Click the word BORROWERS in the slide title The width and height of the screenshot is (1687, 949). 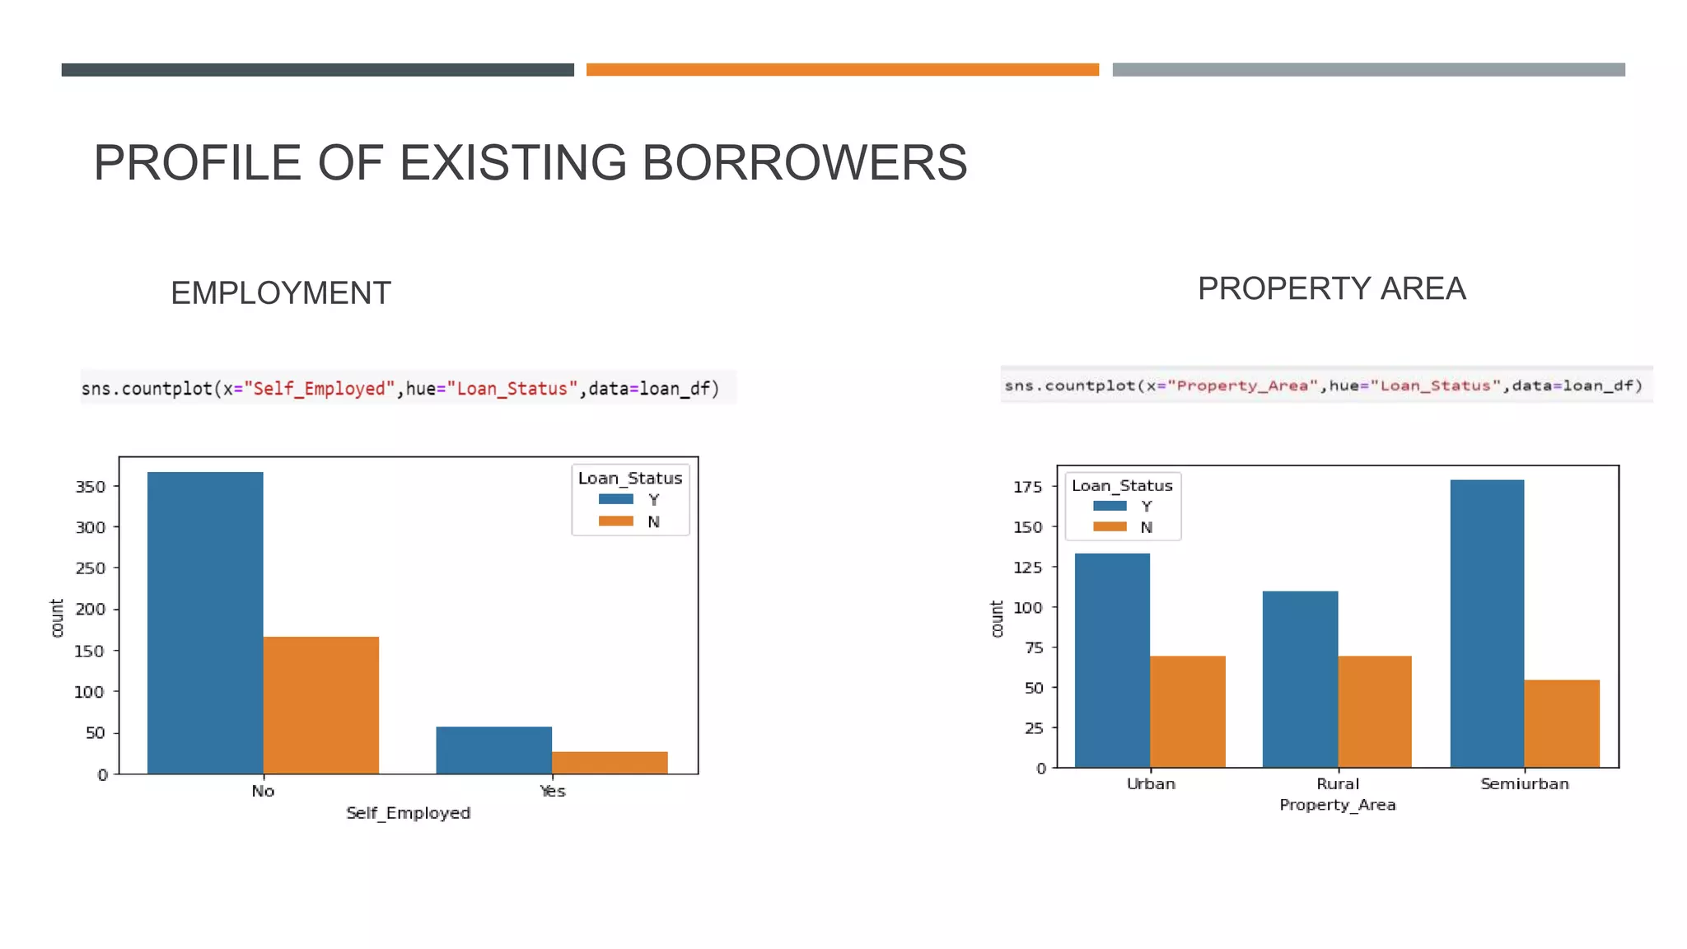tap(804, 162)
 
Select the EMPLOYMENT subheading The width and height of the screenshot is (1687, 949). tap(280, 293)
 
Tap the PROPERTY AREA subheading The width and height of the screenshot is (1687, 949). tap(1331, 289)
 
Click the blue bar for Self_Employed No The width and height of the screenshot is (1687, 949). tap(205, 623)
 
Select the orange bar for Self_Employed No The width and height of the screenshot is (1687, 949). tap(321, 705)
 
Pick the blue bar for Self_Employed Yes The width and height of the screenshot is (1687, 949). tap(494, 750)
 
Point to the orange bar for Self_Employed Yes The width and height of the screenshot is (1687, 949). tap(610, 763)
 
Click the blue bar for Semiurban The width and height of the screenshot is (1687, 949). tap(1487, 624)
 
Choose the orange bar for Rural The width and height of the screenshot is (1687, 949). tap(1375, 712)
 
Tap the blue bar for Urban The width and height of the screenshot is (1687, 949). tap(1112, 661)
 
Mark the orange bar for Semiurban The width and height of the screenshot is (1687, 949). tap(1562, 723)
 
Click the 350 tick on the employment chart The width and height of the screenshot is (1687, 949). tap(91, 487)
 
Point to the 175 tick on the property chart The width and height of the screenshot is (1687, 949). tap(1027, 487)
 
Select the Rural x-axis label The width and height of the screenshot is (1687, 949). tap(1338, 783)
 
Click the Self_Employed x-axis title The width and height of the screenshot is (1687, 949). tap(408, 813)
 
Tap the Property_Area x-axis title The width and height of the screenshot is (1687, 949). tap(1337, 805)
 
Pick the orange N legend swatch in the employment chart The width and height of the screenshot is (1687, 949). tap(615, 521)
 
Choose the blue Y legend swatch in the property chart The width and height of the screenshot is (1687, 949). tap(1110, 506)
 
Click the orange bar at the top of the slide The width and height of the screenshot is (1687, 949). tap(842, 70)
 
